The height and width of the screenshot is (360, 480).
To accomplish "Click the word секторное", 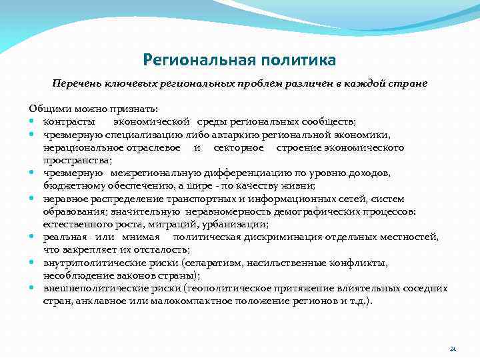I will point(239,147).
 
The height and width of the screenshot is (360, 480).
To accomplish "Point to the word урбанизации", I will point(241,225).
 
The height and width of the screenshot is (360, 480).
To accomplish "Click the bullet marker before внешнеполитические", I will point(32,289).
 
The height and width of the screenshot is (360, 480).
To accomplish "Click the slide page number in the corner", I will point(453,348).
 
